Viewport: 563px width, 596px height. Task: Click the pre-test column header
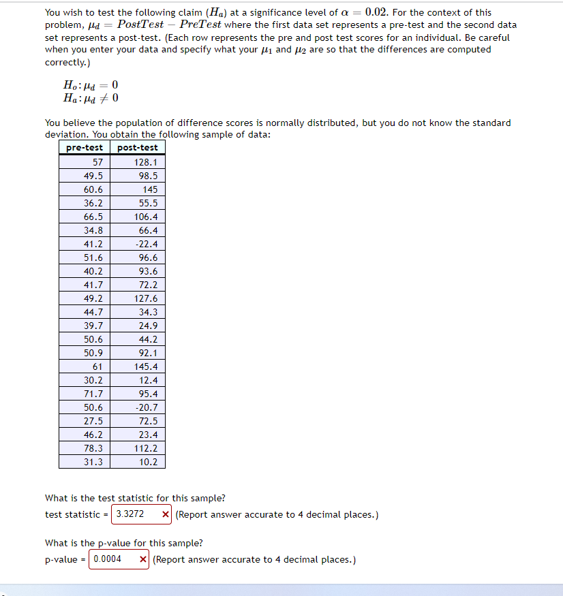point(85,148)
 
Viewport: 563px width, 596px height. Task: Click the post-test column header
point(138,148)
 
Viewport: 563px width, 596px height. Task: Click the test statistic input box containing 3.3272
point(135,514)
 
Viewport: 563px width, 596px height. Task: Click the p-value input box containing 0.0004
point(112,559)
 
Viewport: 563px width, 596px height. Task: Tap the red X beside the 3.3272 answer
point(166,514)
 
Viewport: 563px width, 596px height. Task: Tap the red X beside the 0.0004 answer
point(143,559)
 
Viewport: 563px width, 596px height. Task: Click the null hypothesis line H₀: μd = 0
point(90,85)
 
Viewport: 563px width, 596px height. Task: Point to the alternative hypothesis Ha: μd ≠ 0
point(90,98)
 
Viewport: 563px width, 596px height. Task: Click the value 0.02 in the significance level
point(378,12)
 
